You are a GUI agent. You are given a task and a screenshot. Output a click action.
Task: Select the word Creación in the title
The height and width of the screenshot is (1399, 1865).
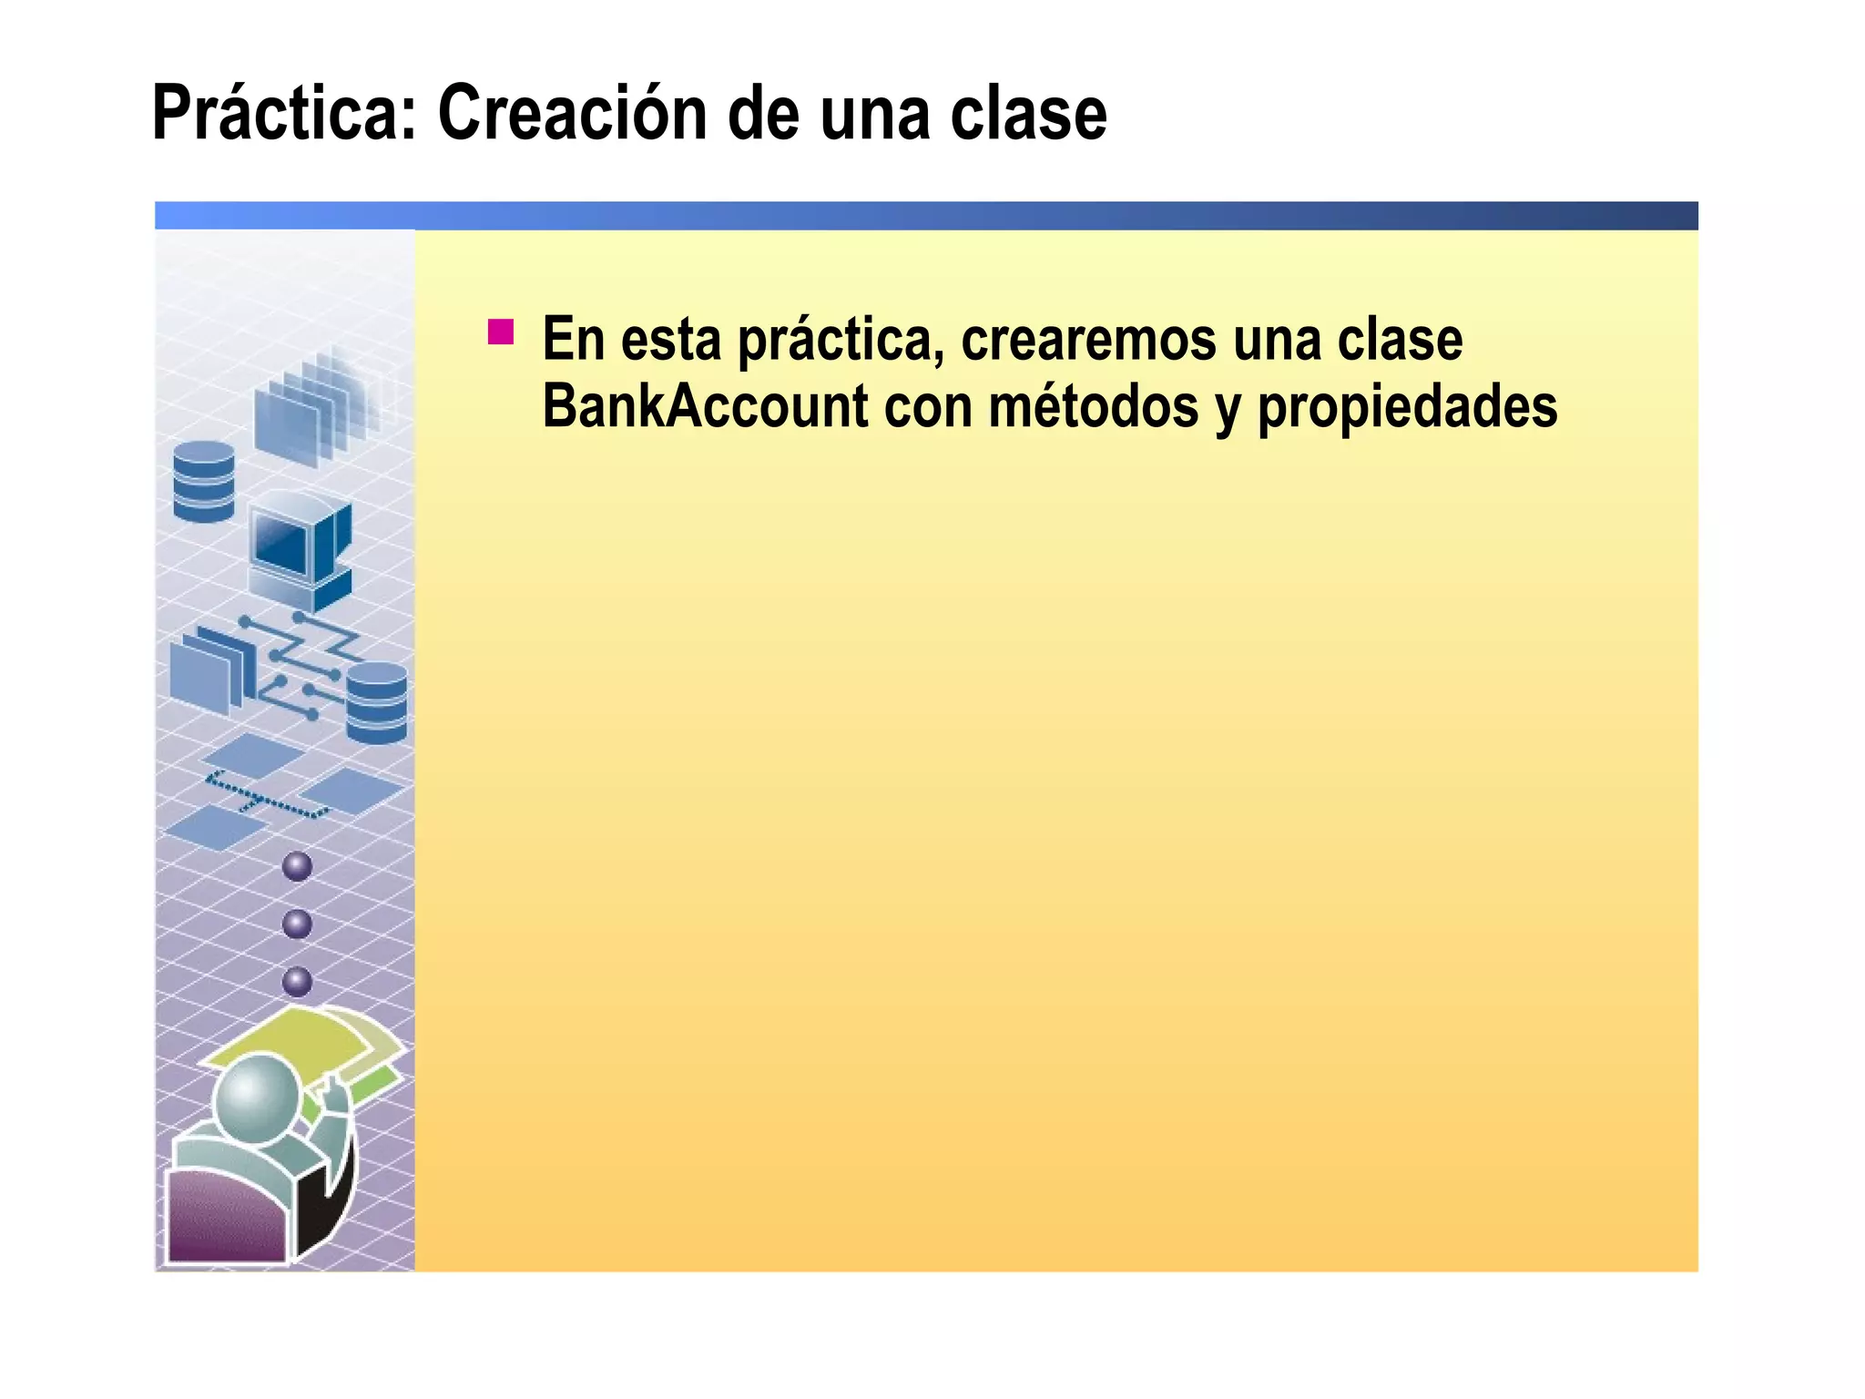[x=572, y=114]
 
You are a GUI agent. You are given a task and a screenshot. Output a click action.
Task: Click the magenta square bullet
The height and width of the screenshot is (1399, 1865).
[x=501, y=332]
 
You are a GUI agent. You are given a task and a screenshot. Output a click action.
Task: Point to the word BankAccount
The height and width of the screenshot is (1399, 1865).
[x=705, y=406]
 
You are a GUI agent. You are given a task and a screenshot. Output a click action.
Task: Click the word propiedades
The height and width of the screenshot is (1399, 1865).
[x=1407, y=408]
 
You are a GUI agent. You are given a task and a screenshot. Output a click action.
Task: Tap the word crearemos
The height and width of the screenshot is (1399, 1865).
[x=1088, y=339]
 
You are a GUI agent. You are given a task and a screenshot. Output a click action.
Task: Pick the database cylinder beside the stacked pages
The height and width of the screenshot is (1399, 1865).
[x=204, y=482]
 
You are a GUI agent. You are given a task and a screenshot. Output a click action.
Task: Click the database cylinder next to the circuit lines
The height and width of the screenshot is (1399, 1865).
[x=377, y=702]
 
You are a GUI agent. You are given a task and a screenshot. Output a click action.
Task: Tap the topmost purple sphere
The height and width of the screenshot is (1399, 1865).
[x=298, y=866]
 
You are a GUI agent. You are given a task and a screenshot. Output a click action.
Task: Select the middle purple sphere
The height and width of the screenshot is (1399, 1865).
[x=298, y=924]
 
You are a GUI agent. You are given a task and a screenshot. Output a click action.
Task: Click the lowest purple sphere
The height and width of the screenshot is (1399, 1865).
[x=298, y=982]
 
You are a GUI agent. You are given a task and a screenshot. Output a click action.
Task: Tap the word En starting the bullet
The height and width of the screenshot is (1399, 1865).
[x=574, y=339]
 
